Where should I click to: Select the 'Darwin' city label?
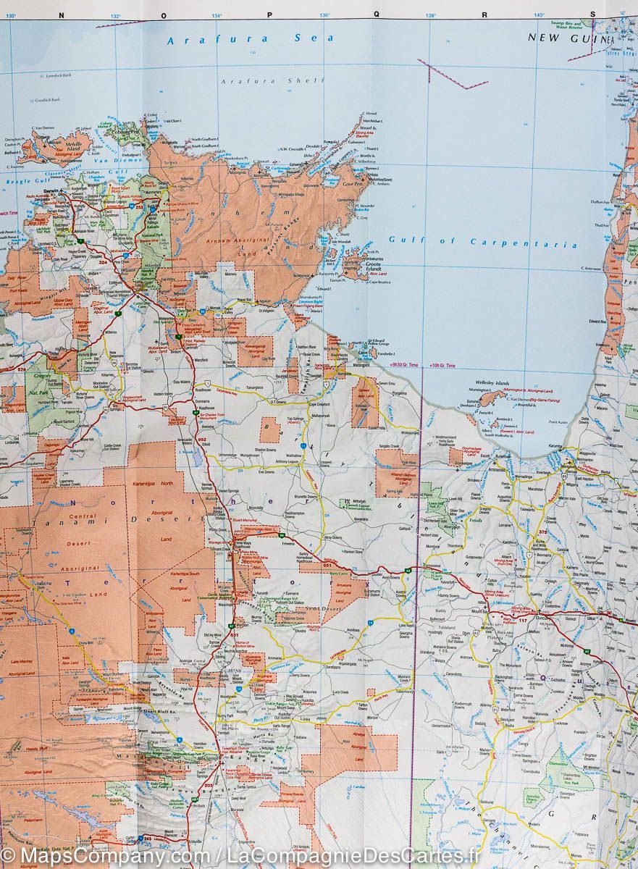[x=51, y=190]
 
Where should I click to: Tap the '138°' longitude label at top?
[x=430, y=15]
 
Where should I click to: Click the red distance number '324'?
[x=104, y=262]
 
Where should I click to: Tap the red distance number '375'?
[x=543, y=532]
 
